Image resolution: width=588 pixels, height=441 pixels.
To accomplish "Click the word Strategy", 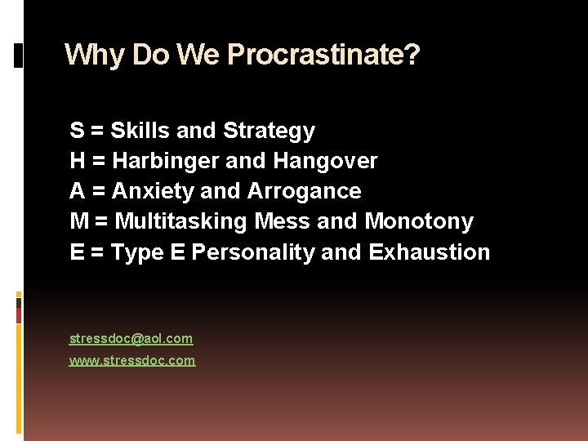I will click(x=269, y=131).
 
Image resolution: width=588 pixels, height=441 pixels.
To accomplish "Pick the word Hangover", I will click(x=334, y=161).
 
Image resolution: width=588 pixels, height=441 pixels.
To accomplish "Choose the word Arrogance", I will click(x=304, y=191).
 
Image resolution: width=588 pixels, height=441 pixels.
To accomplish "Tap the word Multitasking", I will click(x=181, y=221).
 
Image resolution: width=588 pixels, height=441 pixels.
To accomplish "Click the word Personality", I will click(x=253, y=252).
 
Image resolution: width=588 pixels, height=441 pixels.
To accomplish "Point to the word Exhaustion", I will click(x=430, y=252).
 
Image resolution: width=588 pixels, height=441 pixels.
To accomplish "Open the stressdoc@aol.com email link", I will click(x=131, y=338).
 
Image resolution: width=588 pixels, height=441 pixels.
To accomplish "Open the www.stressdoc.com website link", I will click(x=132, y=360).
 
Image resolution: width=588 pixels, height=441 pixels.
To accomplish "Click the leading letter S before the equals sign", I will click(x=77, y=131).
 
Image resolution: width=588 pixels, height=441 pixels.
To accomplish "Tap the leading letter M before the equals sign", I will click(x=79, y=221).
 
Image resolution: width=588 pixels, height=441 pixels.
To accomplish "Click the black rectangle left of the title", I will click(x=19, y=55).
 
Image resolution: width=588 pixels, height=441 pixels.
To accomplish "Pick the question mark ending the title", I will click(x=412, y=55).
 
